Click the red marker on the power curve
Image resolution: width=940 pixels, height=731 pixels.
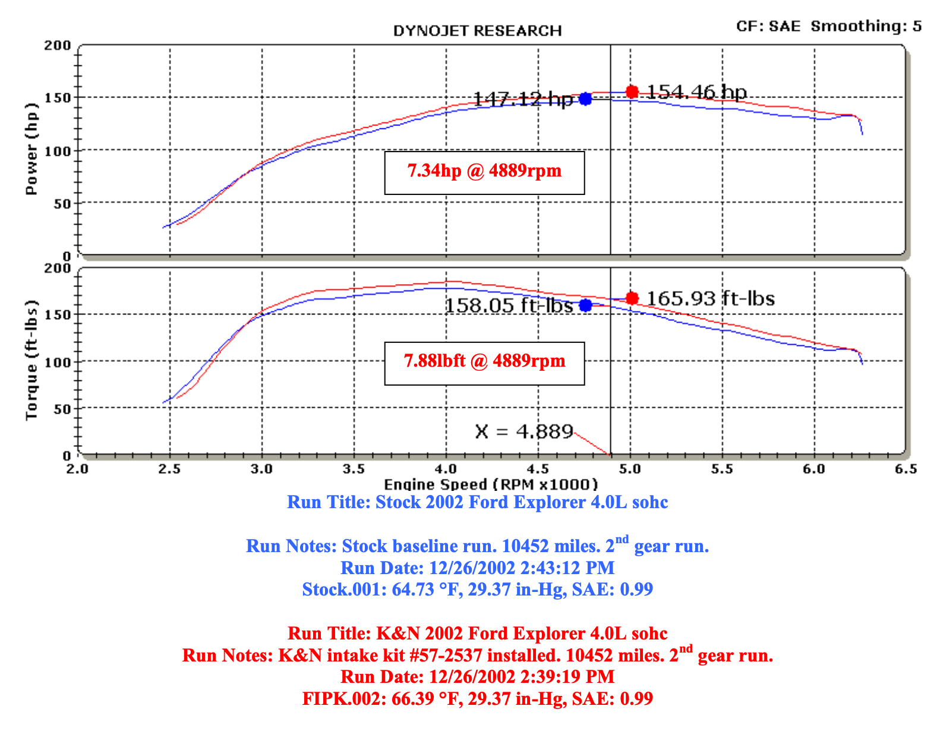coord(632,92)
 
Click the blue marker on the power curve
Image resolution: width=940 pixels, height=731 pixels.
coord(586,99)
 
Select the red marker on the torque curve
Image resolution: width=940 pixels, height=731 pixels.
coord(632,298)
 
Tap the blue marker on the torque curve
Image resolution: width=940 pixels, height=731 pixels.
coord(586,305)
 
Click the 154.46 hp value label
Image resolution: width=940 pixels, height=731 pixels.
coord(696,92)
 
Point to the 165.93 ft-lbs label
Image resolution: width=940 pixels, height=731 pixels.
coord(711,298)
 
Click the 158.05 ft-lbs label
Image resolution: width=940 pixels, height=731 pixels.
coord(509,305)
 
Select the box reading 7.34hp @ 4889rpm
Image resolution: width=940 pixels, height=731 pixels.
coord(484,172)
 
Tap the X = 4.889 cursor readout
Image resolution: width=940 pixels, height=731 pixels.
coord(524,431)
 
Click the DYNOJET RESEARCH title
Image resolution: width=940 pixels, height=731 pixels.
coord(477,31)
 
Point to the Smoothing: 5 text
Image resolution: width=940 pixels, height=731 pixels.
coord(866,26)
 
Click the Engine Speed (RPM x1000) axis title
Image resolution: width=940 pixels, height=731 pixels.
coord(491,485)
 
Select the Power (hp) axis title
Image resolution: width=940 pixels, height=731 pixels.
coord(31,149)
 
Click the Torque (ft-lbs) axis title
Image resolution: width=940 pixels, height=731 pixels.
coord(31,360)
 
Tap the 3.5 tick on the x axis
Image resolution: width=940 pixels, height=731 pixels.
coord(354,470)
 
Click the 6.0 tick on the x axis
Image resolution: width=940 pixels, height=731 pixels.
coord(814,470)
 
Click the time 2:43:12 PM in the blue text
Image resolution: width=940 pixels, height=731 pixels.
coord(567,568)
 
